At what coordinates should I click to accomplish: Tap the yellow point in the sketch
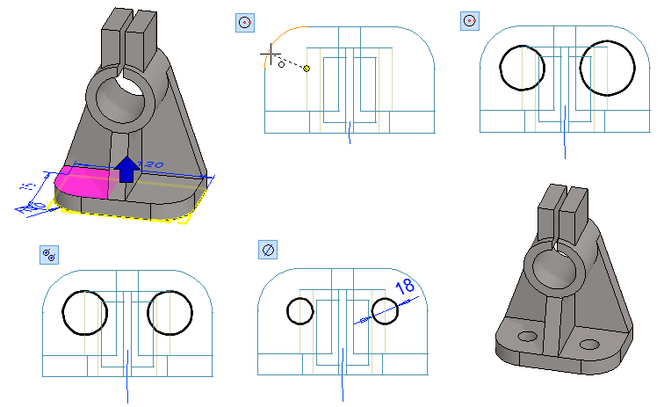pos(307,68)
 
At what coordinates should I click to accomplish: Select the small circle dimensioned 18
pos(385,309)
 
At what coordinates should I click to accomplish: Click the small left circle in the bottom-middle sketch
pos(300,311)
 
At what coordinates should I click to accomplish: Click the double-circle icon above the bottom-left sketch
pos(50,255)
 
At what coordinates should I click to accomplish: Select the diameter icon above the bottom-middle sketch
pos(268,250)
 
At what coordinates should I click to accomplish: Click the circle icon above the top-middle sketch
pos(244,22)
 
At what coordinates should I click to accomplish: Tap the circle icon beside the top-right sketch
pos(470,20)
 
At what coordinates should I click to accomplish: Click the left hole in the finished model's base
pos(528,336)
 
